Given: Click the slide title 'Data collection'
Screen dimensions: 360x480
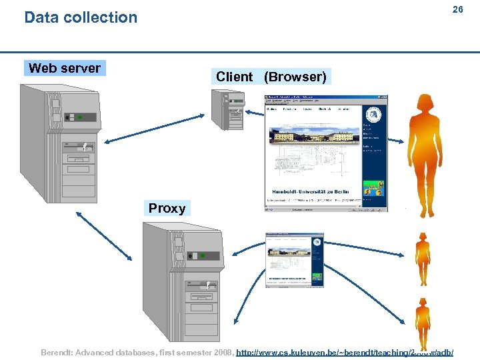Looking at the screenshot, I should pyautogui.click(x=81, y=17).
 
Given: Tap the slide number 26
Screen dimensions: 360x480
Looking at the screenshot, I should pyautogui.click(x=457, y=9).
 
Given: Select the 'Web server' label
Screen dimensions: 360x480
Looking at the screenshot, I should pyautogui.click(x=65, y=68).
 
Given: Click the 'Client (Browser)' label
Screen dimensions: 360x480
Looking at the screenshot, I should pyautogui.click(x=271, y=77).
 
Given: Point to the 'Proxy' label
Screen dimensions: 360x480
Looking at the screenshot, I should pyautogui.click(x=167, y=208).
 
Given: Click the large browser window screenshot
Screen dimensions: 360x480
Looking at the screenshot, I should pyautogui.click(x=325, y=153).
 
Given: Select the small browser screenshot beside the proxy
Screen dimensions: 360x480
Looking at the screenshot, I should pyautogui.click(x=294, y=260).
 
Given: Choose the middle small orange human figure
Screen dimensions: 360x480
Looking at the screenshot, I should pyautogui.click(x=423, y=259).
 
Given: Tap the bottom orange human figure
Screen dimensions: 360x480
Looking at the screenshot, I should pyautogui.click(x=423, y=324).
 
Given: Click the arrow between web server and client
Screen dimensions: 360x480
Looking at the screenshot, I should pyautogui.click(x=154, y=128).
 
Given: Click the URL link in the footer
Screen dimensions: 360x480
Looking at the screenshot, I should pyautogui.click(x=345, y=351).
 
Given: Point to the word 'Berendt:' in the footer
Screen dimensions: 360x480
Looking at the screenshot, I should pyautogui.click(x=59, y=351).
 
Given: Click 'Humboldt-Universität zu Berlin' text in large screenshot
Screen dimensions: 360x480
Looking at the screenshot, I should pyautogui.click(x=307, y=192).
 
